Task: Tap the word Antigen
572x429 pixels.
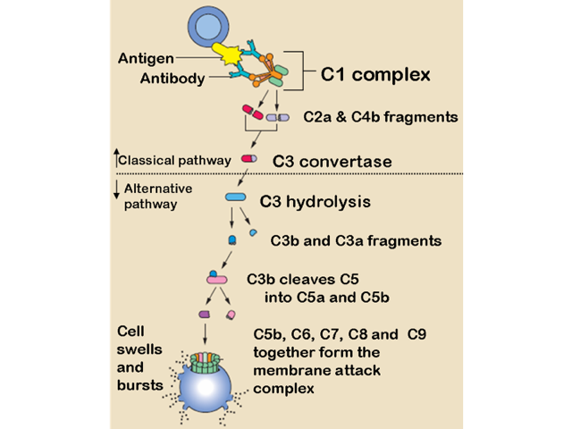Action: [146, 59]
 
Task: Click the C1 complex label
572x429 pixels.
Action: [375, 74]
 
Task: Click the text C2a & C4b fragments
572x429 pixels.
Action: [381, 116]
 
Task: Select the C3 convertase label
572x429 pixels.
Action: [332, 161]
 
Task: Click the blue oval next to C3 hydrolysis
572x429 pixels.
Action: [235, 197]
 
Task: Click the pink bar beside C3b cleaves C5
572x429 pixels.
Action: [217, 281]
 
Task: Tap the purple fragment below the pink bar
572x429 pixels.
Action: [204, 315]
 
